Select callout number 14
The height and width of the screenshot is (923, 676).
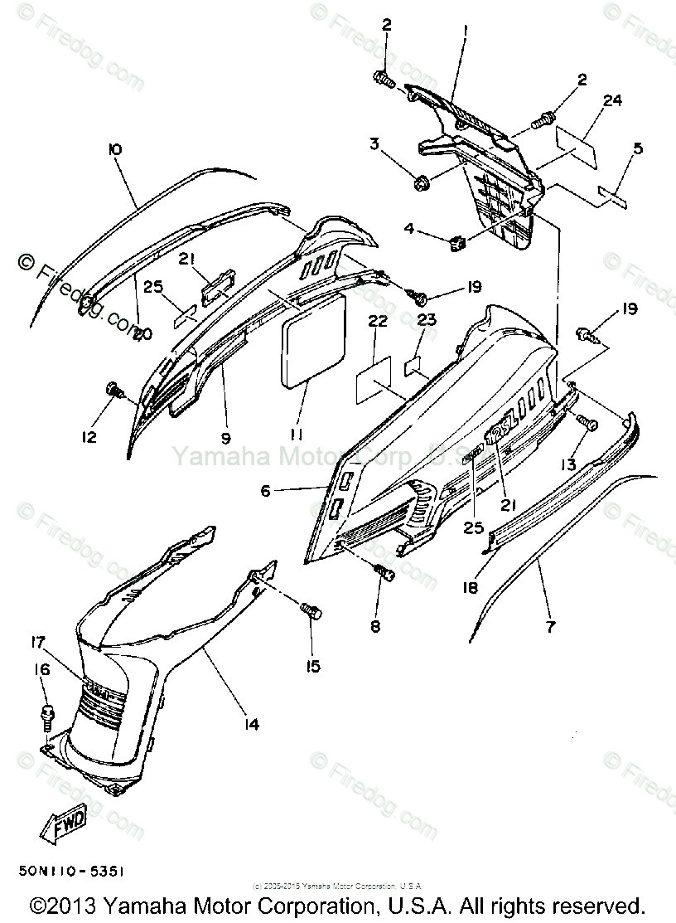(251, 724)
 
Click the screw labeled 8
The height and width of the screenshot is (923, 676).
(383, 571)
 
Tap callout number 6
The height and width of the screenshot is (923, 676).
(264, 491)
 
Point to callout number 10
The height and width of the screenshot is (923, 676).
(114, 149)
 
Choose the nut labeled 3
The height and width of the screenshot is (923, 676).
(418, 179)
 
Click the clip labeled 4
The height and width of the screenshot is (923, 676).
(455, 243)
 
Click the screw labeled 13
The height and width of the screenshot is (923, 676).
(591, 425)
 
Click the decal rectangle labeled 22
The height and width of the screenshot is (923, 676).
(373, 380)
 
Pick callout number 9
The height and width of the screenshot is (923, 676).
(225, 436)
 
